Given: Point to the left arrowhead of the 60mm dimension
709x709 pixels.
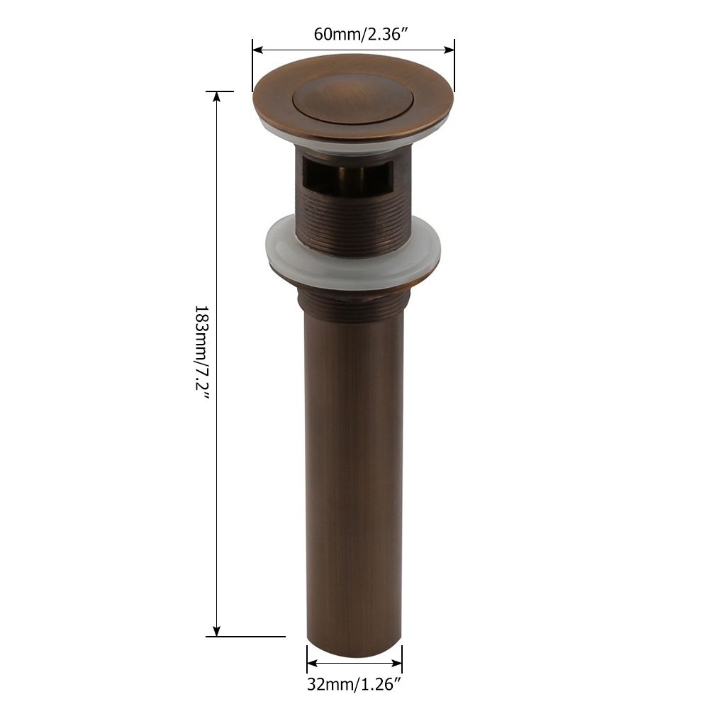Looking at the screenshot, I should pos(257,50).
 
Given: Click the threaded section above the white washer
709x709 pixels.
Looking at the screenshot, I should pos(353,213).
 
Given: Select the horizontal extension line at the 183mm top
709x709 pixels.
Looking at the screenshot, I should pos(219,91).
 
